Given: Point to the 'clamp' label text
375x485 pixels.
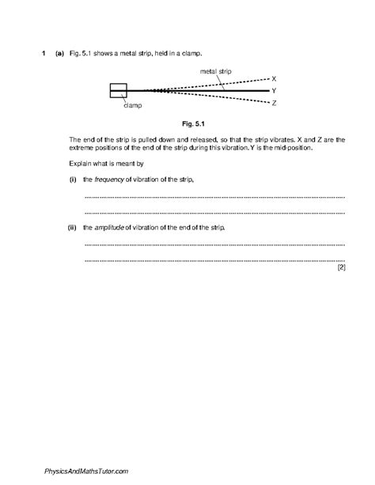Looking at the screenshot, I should (x=133, y=104).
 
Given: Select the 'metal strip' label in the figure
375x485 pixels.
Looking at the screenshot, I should (x=217, y=70).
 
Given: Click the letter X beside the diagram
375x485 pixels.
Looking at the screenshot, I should (x=274, y=79).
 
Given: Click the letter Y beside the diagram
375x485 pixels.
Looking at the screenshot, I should (x=274, y=91).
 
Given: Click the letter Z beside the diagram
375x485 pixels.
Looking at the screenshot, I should (x=274, y=103).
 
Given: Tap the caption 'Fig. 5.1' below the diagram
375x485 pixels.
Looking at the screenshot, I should (x=193, y=124).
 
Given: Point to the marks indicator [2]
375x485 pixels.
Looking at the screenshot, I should (x=340, y=267).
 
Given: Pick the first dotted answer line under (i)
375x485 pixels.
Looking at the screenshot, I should (x=214, y=197).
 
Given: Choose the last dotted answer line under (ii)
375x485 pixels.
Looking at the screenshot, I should (x=214, y=260).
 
